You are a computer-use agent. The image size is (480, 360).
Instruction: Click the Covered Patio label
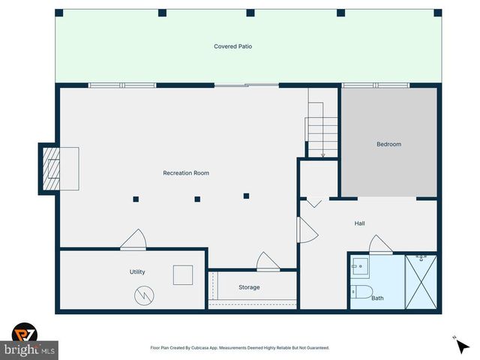pos(232,46)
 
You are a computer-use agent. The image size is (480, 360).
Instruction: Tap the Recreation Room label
pos(186,173)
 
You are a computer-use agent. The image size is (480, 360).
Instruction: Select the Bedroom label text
pos(388,144)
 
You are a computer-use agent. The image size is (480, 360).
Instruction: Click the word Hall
pos(360,223)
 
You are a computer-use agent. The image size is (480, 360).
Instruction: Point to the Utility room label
pos(137,271)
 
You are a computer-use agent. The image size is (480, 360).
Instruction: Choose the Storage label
pos(249,287)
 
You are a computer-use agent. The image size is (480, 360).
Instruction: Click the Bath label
pos(377,298)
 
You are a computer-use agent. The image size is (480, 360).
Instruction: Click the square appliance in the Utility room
pos(183,275)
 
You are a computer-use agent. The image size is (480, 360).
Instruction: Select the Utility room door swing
pos(134,240)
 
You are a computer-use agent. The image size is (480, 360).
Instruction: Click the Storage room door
pos(268,262)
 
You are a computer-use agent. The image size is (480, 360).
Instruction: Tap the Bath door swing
pos(379,244)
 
